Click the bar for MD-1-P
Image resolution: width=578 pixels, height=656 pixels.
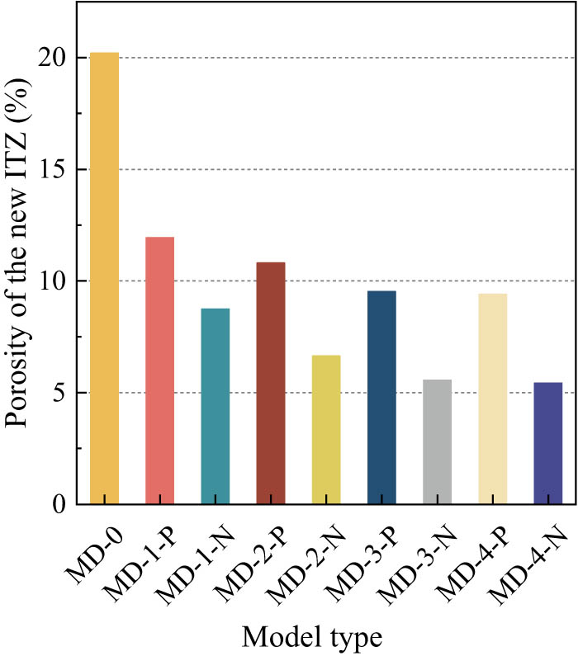pyautogui.click(x=159, y=370)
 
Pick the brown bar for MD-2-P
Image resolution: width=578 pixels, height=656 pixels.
pyautogui.click(x=270, y=383)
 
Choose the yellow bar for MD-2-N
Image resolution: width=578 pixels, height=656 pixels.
pyautogui.click(x=325, y=429)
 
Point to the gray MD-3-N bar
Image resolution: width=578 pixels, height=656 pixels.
pyautogui.click(x=437, y=441)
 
